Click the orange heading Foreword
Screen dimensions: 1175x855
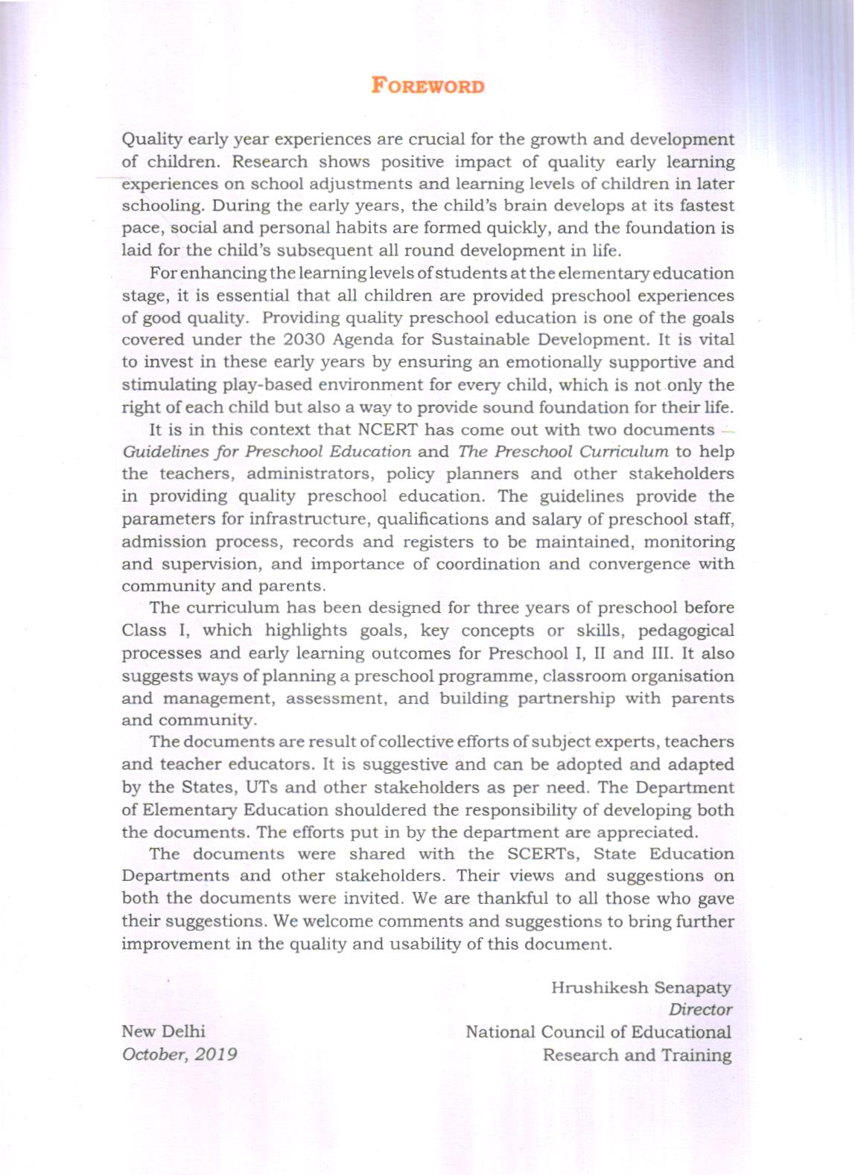[427, 86]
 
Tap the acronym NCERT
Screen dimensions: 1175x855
[398, 430]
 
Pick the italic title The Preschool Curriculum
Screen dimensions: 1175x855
[563, 452]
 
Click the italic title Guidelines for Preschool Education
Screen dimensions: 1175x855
[267, 452]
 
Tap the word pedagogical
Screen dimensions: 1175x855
[686, 631]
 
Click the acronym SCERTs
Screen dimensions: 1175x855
[546, 854]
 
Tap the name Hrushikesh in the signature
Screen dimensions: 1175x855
[599, 988]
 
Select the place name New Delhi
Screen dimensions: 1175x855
[164, 1032]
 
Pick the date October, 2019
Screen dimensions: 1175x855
[179, 1054]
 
